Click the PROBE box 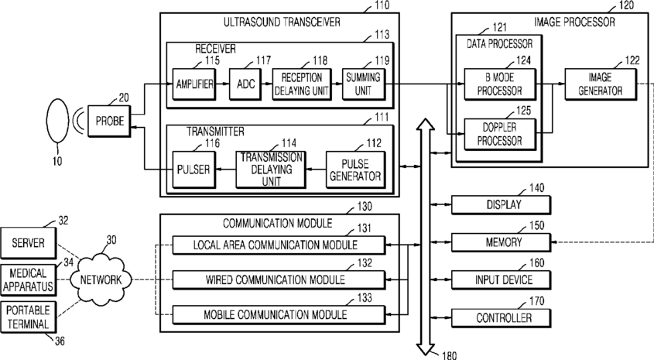click(x=109, y=121)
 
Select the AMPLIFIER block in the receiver click(x=194, y=84)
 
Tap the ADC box click(x=245, y=84)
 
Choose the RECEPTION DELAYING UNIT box click(x=302, y=84)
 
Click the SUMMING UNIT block click(x=363, y=84)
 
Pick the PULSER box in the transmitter click(x=194, y=170)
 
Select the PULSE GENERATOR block click(x=355, y=170)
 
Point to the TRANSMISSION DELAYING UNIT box click(x=271, y=170)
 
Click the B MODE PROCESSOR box click(x=500, y=84)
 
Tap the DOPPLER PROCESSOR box click(x=500, y=134)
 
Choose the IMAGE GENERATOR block click(x=601, y=84)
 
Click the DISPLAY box click(x=501, y=205)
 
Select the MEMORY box click(x=501, y=242)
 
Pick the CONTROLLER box click(x=501, y=318)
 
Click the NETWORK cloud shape click(x=101, y=279)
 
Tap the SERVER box click(x=28, y=243)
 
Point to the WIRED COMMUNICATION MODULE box click(x=279, y=280)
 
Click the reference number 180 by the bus click(x=449, y=355)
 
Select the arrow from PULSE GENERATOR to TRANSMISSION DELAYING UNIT click(x=316, y=170)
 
